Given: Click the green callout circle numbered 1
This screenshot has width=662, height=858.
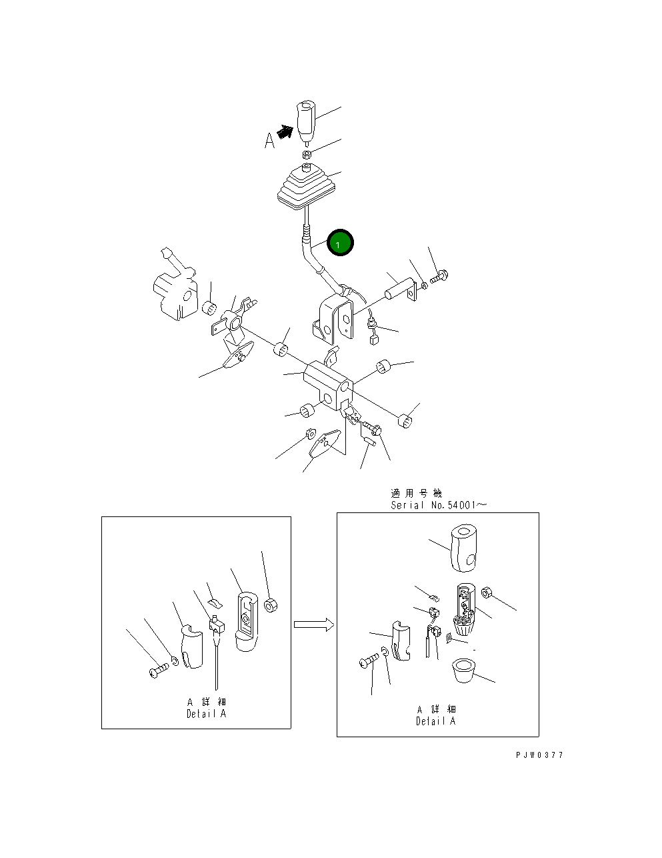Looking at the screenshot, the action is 340,242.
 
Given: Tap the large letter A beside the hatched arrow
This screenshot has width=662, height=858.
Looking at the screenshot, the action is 269,141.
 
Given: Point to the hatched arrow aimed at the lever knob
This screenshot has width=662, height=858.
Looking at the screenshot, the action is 285,132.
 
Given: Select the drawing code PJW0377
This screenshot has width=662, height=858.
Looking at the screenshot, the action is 539,755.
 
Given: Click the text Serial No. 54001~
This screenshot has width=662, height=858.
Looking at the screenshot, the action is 439,505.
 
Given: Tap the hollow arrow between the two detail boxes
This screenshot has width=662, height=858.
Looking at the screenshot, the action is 314,624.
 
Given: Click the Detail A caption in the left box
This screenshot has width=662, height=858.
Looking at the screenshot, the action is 206,713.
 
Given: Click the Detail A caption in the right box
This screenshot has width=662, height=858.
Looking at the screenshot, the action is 435,721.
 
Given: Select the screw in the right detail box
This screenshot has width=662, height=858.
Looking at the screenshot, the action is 369,661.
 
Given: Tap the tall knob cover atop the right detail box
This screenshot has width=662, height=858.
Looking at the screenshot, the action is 463,548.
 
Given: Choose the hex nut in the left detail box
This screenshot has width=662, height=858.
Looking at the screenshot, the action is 270,605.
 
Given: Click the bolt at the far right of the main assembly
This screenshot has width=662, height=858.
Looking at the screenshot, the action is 439,276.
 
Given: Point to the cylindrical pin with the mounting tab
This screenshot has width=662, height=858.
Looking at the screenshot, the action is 400,290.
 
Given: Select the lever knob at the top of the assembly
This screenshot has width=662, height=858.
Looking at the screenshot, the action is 306,121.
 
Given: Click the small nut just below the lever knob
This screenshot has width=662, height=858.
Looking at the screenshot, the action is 307,154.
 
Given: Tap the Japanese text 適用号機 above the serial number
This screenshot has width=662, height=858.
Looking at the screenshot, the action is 416,493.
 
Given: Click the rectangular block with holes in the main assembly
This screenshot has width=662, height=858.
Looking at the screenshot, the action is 328,385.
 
